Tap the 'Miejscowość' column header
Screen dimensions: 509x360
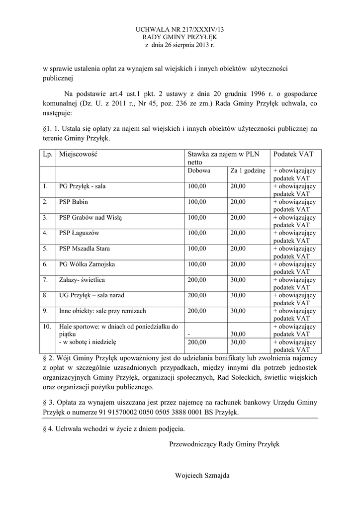[78, 154]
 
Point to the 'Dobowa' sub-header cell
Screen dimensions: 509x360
[199, 170]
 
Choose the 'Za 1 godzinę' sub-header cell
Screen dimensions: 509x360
[248, 170]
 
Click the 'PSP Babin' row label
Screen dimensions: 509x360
[74, 202]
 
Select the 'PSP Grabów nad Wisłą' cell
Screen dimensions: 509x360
[90, 217]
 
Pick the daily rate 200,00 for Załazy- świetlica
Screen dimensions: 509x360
[196, 280]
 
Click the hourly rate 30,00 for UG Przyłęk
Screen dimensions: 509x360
[238, 295]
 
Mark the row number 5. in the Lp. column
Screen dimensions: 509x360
[45, 249]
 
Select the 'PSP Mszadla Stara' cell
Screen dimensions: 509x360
[85, 249]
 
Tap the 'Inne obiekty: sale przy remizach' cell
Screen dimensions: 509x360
[102, 311]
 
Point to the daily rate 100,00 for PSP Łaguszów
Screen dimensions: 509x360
[196, 233]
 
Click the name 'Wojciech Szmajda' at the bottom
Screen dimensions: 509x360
[202, 476]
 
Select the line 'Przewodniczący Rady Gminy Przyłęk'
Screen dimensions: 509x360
[224, 444]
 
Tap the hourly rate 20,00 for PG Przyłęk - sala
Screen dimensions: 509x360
[238, 186]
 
